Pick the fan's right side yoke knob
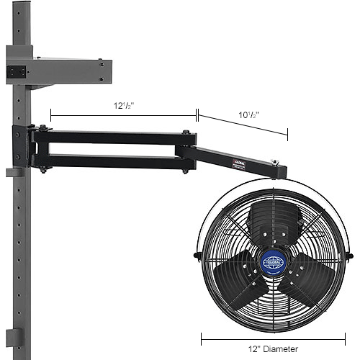coord(351,253)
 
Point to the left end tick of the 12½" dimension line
coord(51,114)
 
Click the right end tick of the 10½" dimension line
coord(287,134)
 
